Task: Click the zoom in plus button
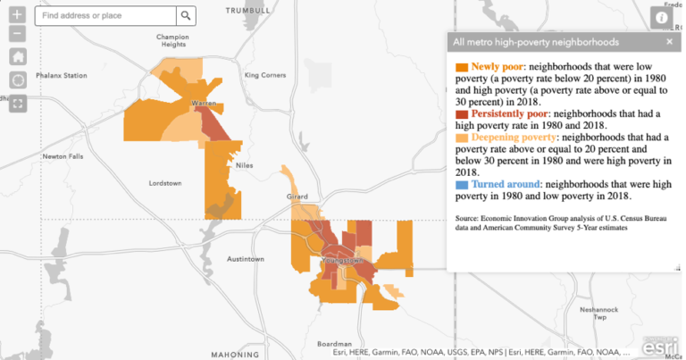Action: click(18, 15)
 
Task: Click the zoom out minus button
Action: click(18, 34)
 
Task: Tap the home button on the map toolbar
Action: click(18, 56)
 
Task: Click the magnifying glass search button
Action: click(186, 16)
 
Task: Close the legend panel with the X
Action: click(669, 42)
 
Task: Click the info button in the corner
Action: click(662, 17)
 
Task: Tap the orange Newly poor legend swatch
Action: click(461, 67)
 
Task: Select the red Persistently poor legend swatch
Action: click(461, 115)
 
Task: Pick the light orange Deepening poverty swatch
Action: click(461, 138)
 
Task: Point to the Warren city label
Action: click(205, 105)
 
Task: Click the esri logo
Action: click(662, 343)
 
